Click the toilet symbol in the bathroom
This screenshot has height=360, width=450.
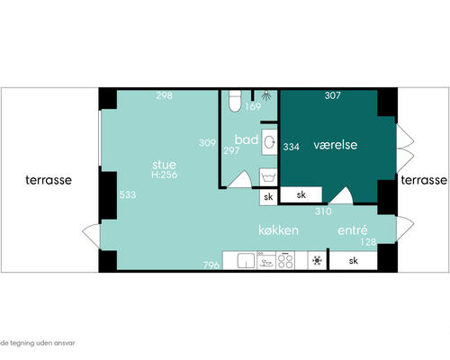pos(235,101)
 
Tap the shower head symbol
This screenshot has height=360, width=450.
pos(265,95)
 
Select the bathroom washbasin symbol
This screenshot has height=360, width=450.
pos(269,142)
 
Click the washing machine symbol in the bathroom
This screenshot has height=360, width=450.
pos(268,177)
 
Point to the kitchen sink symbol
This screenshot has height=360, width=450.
pos(246,260)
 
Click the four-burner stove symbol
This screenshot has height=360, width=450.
pos(285,260)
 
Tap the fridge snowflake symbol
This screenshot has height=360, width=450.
pos(317,260)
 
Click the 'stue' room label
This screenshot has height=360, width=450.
pos(164,165)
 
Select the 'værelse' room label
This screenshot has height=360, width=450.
pos(336,145)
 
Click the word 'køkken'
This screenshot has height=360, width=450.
pos(278,230)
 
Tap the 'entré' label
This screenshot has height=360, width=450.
pos(353,229)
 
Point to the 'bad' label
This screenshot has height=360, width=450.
pos(247,139)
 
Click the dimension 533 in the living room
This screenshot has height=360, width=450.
pos(128,194)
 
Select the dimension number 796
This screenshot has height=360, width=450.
pos(211,265)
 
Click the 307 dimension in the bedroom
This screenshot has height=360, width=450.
pos(333,95)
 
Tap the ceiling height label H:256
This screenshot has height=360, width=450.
pos(165,175)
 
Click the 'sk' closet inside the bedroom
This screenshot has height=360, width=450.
pos(301,194)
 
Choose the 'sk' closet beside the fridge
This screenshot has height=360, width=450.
pos(354,260)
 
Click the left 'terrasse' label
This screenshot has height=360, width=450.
pos(49,180)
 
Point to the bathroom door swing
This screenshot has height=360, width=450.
pos(240,179)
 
